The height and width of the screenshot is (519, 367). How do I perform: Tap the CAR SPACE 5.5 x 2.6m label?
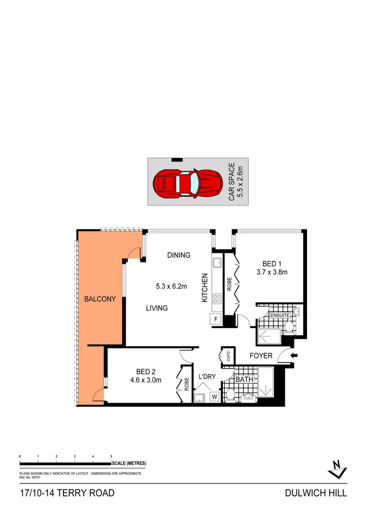click(235, 183)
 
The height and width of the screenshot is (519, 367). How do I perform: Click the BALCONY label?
click(100, 299)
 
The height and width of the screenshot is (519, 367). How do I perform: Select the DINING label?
click(179, 255)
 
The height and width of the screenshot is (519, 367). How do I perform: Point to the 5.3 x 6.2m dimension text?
click(171, 286)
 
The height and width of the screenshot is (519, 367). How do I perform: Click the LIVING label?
click(157, 308)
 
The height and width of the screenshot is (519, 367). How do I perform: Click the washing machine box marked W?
click(214, 397)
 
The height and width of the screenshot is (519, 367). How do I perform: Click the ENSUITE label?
click(281, 315)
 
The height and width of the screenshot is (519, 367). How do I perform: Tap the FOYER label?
click(261, 356)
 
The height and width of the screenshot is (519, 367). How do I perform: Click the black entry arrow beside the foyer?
click(294, 356)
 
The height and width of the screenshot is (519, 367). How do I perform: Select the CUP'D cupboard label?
click(229, 356)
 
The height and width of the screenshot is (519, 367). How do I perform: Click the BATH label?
click(245, 380)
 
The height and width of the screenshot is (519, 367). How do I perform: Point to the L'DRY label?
click(208, 377)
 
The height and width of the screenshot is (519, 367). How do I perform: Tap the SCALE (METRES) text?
click(129, 463)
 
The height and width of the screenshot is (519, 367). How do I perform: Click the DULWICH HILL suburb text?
click(316, 493)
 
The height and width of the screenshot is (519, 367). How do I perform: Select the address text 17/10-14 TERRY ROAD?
click(67, 493)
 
